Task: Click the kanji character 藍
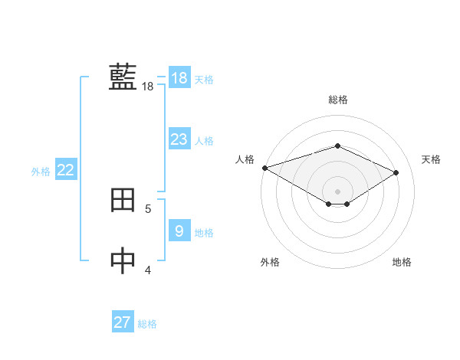(123, 77)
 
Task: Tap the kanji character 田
(123, 200)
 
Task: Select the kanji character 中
(123, 260)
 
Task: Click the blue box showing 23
(179, 139)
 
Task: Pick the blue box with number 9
(179, 231)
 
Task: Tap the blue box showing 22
(65, 170)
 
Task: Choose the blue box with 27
(123, 322)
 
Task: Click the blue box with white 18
(179, 77)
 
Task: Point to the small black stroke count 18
(147, 87)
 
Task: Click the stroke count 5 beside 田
(148, 208)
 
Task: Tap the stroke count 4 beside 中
(148, 270)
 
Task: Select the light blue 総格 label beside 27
(147, 324)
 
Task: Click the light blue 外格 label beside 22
(41, 172)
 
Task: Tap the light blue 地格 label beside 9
(204, 233)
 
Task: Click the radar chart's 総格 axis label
(337, 100)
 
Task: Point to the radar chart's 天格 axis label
(431, 159)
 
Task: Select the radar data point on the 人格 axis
(264, 168)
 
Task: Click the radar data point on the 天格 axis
(396, 172)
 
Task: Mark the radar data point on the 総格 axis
(337, 146)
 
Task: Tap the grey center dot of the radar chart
(337, 191)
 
